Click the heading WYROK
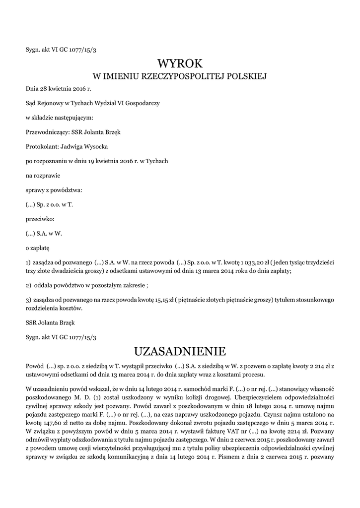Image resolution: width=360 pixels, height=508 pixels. (180, 63)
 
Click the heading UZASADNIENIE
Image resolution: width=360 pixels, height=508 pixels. (180, 351)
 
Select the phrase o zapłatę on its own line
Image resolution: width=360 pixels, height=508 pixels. (38, 247)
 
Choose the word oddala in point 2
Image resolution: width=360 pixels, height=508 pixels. (42, 285)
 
